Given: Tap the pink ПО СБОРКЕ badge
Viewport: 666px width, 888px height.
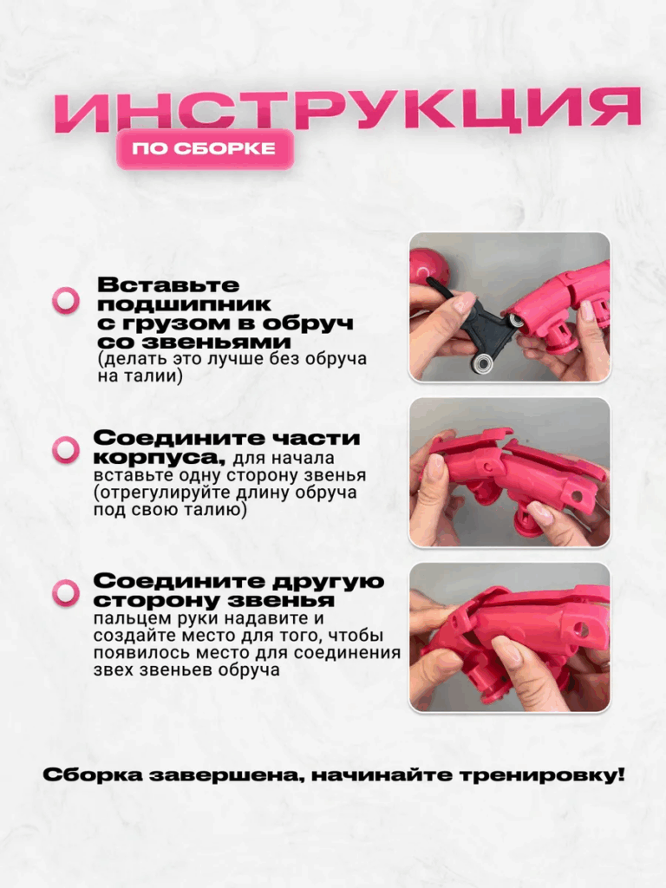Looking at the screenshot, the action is click(x=205, y=149).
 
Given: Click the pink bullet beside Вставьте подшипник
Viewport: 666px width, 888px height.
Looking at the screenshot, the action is click(x=66, y=300).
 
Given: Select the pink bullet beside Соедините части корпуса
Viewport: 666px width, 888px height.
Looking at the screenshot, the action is click(x=66, y=450).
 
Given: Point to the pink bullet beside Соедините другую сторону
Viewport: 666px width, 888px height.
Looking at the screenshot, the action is click(x=66, y=593).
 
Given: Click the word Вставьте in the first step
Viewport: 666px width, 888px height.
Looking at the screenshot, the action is click(x=168, y=284).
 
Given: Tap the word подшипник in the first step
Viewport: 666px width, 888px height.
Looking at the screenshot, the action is click(x=184, y=304).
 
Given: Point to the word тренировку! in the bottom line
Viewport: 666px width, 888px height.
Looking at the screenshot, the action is click(x=543, y=774).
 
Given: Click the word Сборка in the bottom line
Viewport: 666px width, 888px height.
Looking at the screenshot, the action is click(x=92, y=774).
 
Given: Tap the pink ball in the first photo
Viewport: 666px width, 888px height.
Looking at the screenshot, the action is click(x=428, y=268).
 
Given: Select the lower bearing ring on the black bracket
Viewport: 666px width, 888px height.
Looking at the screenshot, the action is click(x=482, y=363).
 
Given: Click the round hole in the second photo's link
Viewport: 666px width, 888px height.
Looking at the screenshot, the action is click(x=577, y=496).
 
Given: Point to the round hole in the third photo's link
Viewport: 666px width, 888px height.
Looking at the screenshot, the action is click(x=581, y=628).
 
